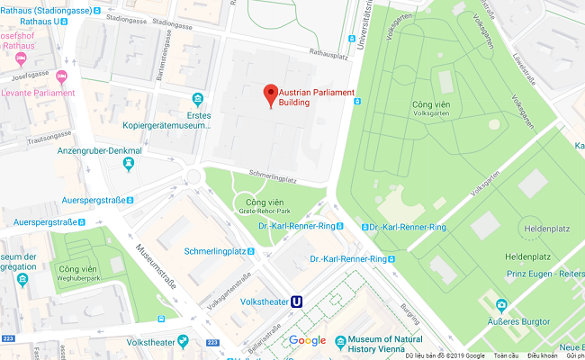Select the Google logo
[307, 340]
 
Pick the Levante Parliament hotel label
[36, 93]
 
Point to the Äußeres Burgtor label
[519, 321]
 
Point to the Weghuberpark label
[76, 277]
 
